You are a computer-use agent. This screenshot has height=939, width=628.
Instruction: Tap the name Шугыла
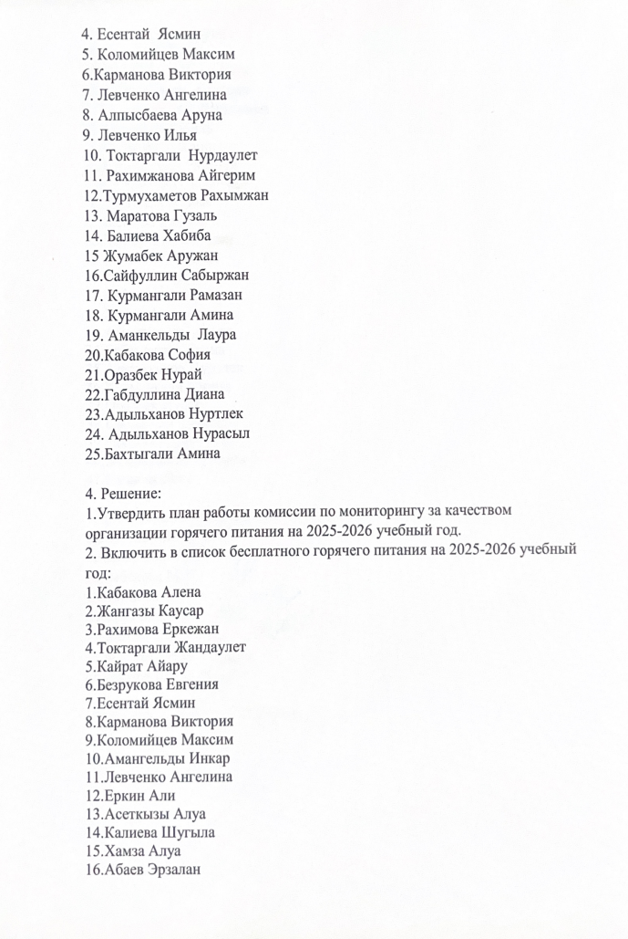click(x=190, y=832)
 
